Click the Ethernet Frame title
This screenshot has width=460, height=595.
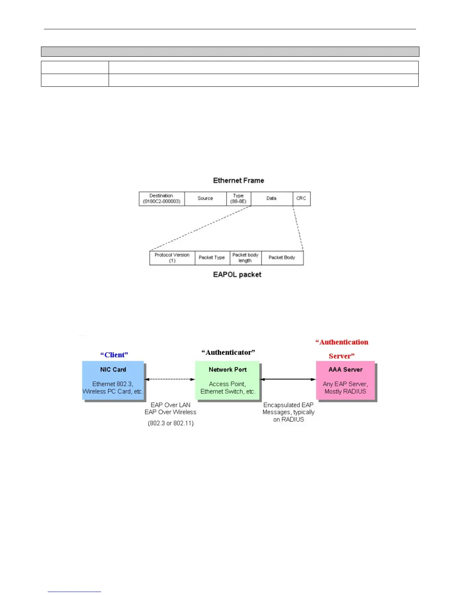click(x=238, y=181)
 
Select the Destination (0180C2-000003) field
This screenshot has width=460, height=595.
click(x=162, y=199)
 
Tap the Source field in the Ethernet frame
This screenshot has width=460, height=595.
click(x=205, y=199)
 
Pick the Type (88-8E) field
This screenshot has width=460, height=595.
click(x=239, y=199)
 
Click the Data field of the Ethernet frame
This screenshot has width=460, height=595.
click(x=272, y=199)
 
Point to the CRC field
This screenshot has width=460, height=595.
click(x=301, y=199)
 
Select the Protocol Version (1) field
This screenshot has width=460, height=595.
click(x=172, y=258)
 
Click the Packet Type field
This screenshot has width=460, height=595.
click(x=212, y=258)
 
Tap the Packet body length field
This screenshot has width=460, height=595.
click(x=245, y=258)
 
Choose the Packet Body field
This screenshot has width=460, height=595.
click(x=282, y=258)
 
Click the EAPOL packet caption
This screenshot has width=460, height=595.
click(x=237, y=275)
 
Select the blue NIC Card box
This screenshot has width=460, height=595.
click(x=113, y=380)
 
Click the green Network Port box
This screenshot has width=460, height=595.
click(x=227, y=380)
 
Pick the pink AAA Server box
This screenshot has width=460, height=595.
click(x=345, y=380)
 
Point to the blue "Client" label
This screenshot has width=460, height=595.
click(x=114, y=355)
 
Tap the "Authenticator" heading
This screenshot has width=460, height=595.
click(x=228, y=353)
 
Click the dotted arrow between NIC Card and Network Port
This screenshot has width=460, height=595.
click(x=169, y=379)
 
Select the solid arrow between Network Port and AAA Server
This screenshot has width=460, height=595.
click(x=288, y=379)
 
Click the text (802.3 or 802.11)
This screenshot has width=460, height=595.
click(x=171, y=423)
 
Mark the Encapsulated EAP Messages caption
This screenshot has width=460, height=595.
click(x=289, y=412)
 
